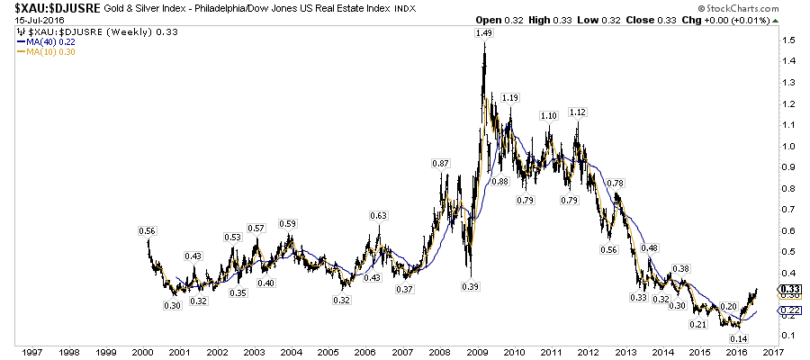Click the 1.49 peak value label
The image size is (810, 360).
tap(484, 33)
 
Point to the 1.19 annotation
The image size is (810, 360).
tap(510, 97)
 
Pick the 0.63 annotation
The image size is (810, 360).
tap(378, 215)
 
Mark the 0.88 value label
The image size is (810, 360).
tap(499, 181)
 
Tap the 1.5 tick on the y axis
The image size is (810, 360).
tap(787, 41)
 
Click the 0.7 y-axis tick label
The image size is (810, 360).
tap(787, 209)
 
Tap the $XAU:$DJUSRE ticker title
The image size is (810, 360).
tap(40, 8)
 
